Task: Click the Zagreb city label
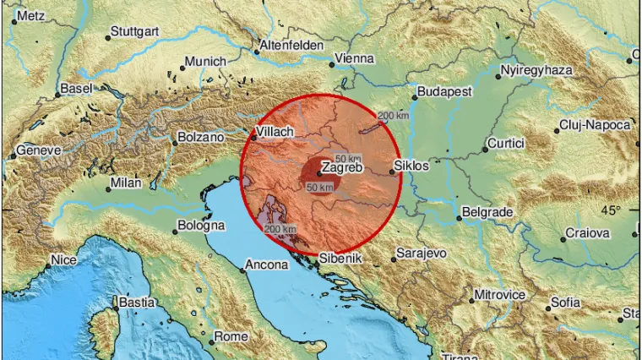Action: pos(340,170)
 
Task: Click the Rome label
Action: pos(231,336)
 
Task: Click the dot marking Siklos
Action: pos(393,172)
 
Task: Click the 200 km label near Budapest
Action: pos(393,116)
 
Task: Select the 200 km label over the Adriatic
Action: pos(280,228)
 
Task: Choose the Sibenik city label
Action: pos(341,257)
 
